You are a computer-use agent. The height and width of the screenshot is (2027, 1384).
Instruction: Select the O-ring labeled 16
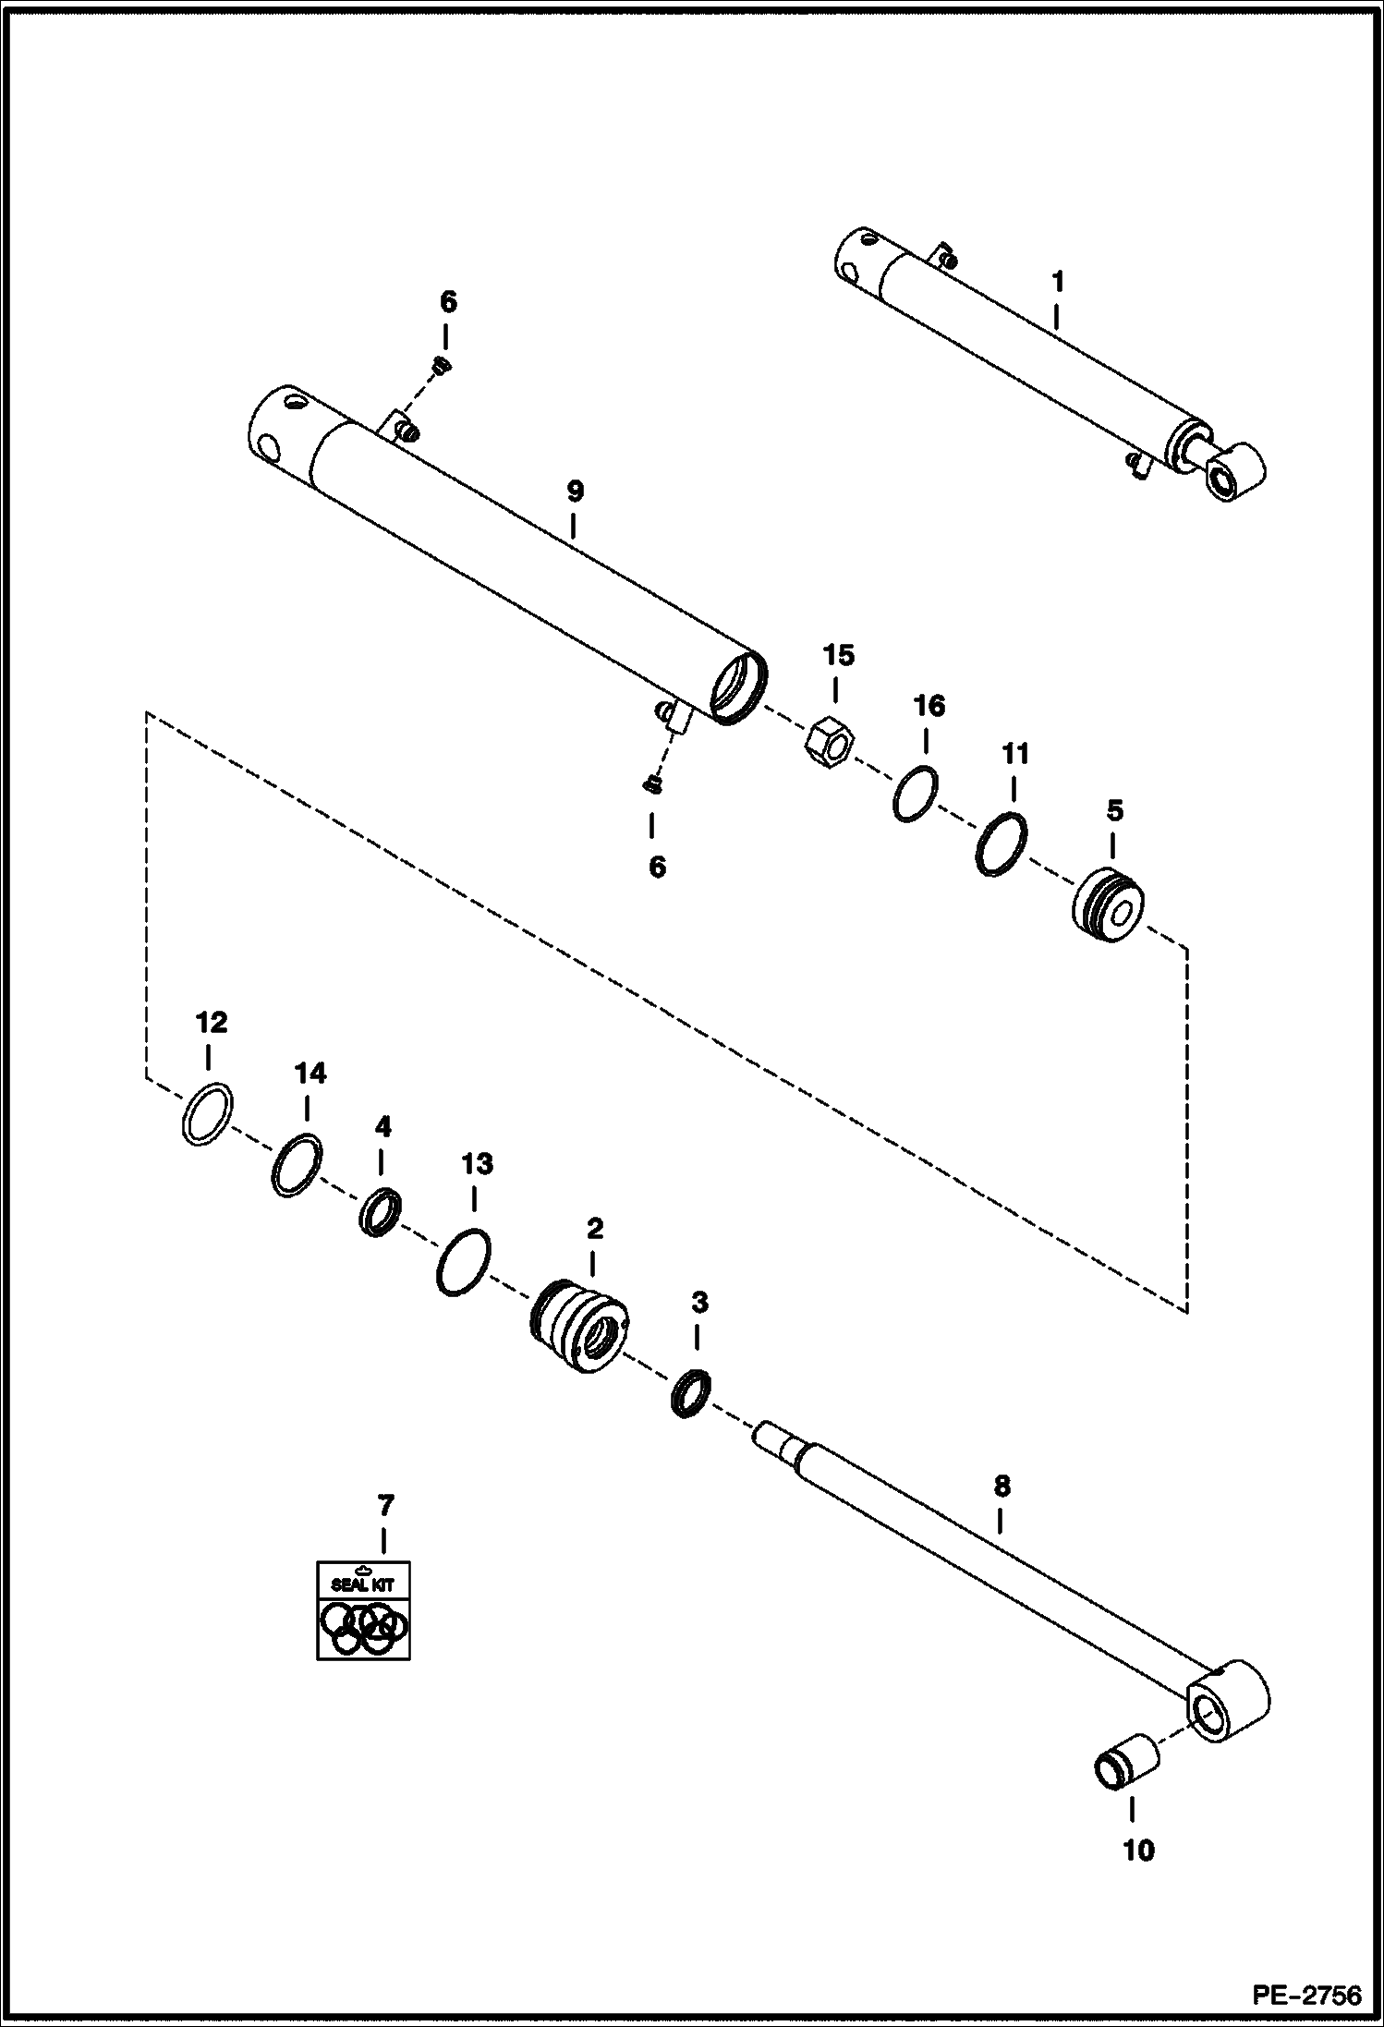(916, 794)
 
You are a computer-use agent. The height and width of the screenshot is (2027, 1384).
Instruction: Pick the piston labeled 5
(1109, 904)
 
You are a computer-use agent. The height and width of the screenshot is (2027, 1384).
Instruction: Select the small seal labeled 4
(380, 1214)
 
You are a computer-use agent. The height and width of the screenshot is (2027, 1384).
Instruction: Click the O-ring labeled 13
(462, 1262)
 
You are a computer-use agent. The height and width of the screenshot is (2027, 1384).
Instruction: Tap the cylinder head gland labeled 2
(580, 1324)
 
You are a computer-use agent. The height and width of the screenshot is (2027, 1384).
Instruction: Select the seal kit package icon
(363, 1609)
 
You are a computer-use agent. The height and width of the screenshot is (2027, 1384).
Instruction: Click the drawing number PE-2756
(1306, 1996)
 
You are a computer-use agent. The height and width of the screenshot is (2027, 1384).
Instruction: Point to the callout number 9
(575, 492)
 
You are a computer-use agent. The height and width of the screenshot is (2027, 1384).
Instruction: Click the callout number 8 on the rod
(1002, 1487)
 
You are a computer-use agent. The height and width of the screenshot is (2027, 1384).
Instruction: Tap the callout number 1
(1058, 281)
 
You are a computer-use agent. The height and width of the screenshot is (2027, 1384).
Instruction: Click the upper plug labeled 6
(442, 366)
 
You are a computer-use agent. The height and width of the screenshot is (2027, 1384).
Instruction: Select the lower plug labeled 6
(650, 785)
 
